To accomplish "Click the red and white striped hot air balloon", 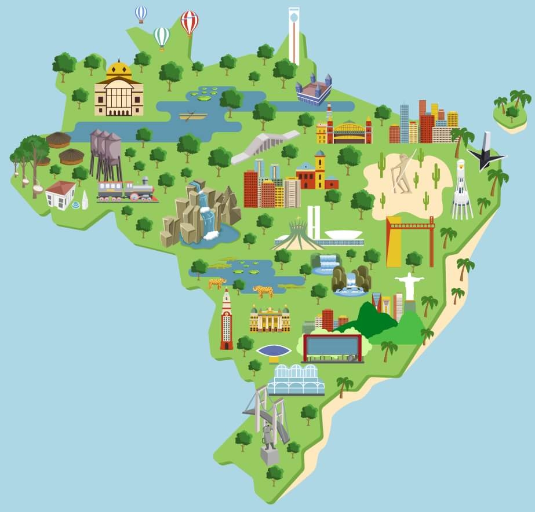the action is pyautogui.click(x=189, y=22).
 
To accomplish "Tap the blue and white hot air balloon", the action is pyautogui.click(x=141, y=13).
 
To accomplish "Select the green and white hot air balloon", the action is pyautogui.click(x=162, y=37).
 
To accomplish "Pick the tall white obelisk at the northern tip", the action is pyautogui.click(x=294, y=35).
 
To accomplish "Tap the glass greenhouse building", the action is pyautogui.click(x=296, y=379).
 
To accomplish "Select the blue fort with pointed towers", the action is pyautogui.click(x=314, y=90).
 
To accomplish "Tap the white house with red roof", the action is pyautogui.click(x=61, y=194).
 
